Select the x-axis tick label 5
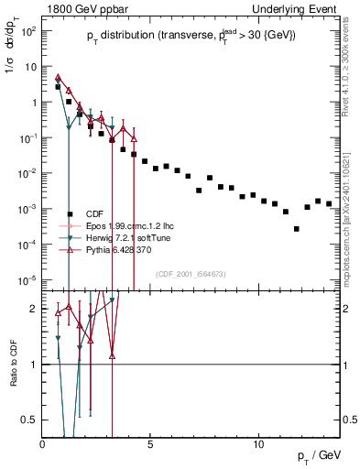[x=150, y=444]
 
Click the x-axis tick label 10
[x=258, y=444]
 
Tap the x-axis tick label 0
[x=43, y=444]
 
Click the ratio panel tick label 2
[x=34, y=310]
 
